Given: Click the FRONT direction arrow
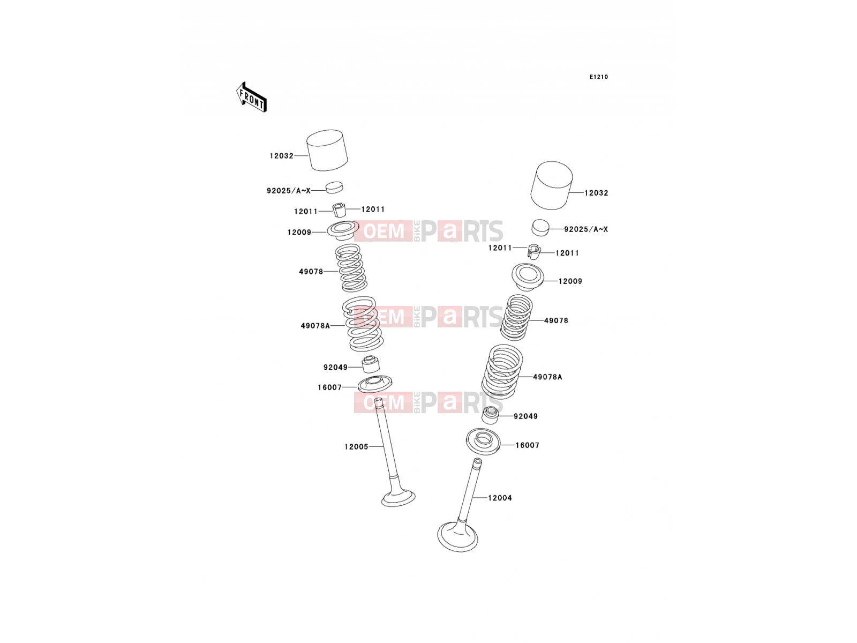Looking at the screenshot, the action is (x=251, y=97).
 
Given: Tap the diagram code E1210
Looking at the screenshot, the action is (x=598, y=77).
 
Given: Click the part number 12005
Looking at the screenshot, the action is (x=356, y=447).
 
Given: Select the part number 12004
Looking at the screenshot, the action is (x=500, y=498).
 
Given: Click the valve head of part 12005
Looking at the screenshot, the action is (x=399, y=497).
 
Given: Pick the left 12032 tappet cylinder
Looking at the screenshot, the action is (x=327, y=151).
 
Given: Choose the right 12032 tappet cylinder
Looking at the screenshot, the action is (x=552, y=185).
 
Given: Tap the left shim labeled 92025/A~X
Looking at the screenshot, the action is (x=334, y=188).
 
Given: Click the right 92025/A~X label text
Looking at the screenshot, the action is (x=586, y=229).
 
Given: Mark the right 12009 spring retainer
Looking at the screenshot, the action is (x=528, y=277).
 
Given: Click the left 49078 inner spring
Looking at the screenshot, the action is (x=351, y=268).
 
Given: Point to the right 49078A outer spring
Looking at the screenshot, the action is (x=502, y=372).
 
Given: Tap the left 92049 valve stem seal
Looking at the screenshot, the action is (x=371, y=364).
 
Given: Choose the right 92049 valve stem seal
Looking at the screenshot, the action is (x=491, y=415).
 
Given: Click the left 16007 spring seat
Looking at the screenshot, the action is (x=375, y=384).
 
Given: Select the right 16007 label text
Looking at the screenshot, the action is (x=527, y=445).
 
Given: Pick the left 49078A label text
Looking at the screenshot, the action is (x=315, y=326).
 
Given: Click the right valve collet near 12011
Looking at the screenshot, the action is (x=534, y=251).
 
